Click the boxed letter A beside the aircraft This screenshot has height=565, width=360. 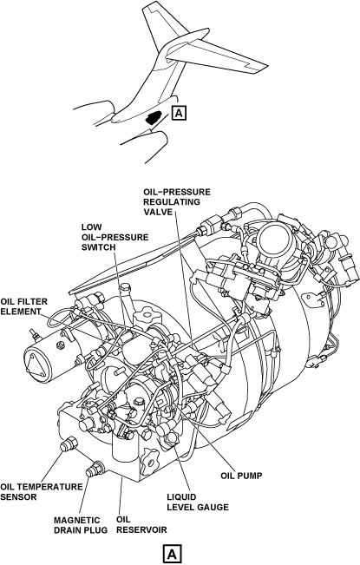(x=180, y=113)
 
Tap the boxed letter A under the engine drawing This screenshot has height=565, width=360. (x=172, y=554)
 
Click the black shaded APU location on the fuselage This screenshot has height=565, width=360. (x=153, y=117)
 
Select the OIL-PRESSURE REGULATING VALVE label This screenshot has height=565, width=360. (x=177, y=201)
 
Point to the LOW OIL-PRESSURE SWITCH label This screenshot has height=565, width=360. (x=115, y=237)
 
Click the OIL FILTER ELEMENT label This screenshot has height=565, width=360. (x=23, y=306)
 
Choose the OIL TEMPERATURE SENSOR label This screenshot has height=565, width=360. (x=42, y=491)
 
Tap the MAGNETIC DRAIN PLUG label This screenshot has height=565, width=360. (x=81, y=525)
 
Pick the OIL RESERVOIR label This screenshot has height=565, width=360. (x=141, y=524)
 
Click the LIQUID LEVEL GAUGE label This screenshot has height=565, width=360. (x=198, y=502)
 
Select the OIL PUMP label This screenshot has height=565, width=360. (x=241, y=476)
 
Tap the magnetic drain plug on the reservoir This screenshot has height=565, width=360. (x=95, y=468)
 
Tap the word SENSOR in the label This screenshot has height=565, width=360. (x=18, y=497)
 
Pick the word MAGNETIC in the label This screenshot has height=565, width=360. (x=76, y=521)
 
